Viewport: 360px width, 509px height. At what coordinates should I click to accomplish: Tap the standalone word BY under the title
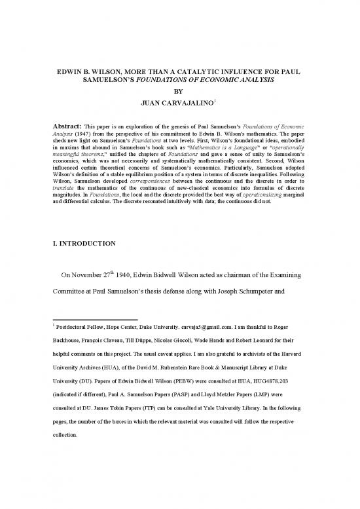point(179,92)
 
